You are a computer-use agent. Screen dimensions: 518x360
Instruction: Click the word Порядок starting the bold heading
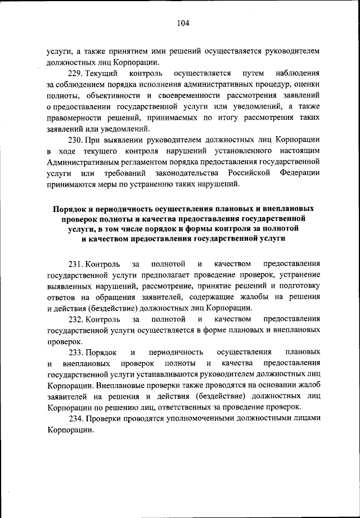[x=70, y=208]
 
